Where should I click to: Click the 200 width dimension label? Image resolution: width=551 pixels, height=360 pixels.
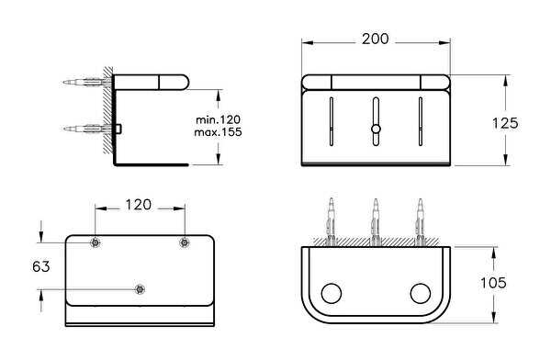coord(376,39)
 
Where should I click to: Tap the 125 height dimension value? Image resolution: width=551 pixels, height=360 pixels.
coord(505,123)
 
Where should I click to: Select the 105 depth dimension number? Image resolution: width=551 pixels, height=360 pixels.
coord(493,283)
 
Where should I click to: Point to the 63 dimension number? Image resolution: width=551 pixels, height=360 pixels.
coord(41,266)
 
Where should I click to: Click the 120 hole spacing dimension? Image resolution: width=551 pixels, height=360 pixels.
coord(139,205)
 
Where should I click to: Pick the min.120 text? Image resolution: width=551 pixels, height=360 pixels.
coord(219,119)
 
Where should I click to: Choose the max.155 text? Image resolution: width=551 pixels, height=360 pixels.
coord(219,132)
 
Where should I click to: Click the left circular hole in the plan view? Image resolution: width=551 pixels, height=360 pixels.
coord(332,293)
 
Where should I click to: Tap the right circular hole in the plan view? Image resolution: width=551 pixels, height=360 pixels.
coord(421,293)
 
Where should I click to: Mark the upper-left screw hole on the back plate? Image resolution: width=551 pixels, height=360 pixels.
coord(95,242)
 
